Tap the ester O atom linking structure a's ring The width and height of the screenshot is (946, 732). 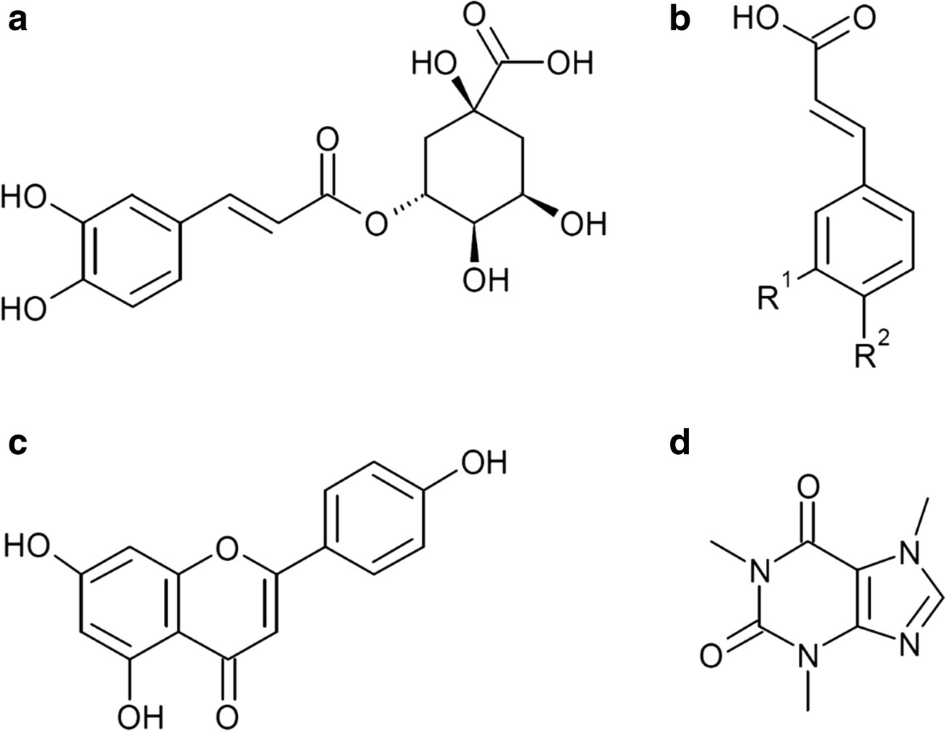pos(375,225)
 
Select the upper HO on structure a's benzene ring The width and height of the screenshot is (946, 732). pos(22,197)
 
